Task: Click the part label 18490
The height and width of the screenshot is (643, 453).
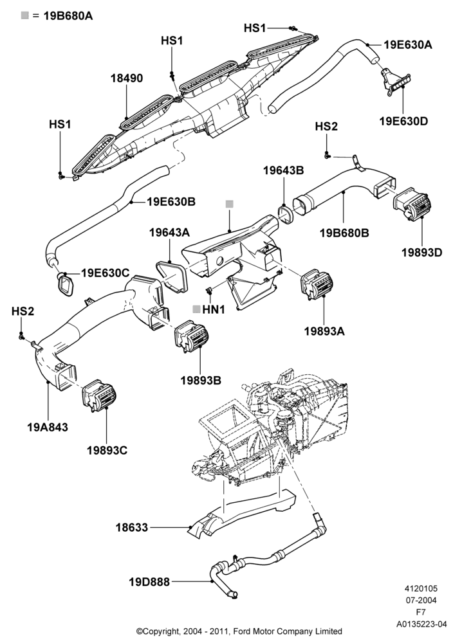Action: pos(127,78)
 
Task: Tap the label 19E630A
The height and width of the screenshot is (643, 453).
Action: pos(408,45)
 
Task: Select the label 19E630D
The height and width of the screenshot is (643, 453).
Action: pos(403,122)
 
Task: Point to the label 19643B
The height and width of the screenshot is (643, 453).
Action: pos(284,170)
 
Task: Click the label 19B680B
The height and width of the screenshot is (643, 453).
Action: pos(344,233)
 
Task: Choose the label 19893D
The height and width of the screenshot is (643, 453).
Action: pos(422,252)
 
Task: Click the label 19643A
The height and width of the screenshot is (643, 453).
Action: pos(169,233)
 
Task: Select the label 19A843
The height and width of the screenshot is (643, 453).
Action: pos(48,428)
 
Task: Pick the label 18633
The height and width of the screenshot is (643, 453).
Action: pos(132,527)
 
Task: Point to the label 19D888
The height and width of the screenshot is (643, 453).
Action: pos(149,582)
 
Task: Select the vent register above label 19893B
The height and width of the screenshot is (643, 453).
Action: pos(192,336)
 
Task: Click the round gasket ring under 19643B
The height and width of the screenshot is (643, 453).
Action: pos(285,214)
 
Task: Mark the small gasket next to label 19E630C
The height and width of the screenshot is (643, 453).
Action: pos(65,285)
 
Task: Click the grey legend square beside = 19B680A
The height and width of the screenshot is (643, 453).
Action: pos(25,15)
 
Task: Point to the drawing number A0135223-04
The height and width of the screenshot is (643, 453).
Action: pos(421,624)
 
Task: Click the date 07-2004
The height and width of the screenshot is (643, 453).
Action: pos(421,601)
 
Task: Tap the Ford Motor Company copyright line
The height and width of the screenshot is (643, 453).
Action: pos(239,631)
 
